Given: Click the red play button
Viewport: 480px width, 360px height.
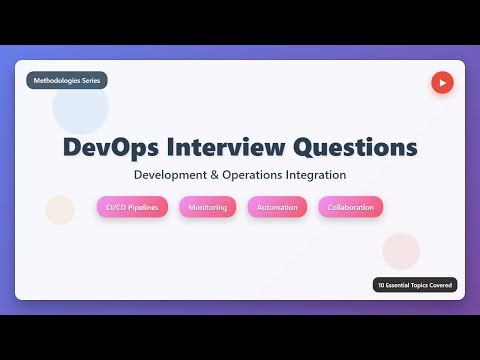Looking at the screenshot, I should click(x=442, y=82).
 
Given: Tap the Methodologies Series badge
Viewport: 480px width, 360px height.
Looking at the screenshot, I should click(x=66, y=81).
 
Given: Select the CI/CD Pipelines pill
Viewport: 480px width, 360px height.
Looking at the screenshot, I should click(x=132, y=207).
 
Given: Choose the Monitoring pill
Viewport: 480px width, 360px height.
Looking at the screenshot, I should click(x=207, y=207).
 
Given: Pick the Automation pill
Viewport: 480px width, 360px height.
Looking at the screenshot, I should click(x=277, y=207).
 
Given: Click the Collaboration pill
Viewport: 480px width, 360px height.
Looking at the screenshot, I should click(x=350, y=207).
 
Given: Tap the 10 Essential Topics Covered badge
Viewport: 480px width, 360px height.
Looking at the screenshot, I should click(x=415, y=285).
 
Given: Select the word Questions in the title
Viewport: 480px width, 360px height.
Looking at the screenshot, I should click(x=354, y=146).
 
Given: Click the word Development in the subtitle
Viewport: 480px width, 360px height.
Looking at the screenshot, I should click(x=171, y=175).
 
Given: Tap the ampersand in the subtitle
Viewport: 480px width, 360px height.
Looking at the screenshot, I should click(x=215, y=175).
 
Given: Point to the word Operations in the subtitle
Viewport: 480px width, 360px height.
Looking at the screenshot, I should click(x=252, y=175).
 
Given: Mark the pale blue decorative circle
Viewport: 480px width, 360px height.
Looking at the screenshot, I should click(x=81, y=112).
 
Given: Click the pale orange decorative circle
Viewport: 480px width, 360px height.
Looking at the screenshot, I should click(x=60, y=209).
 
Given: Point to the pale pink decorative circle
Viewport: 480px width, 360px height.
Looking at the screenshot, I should click(x=401, y=250).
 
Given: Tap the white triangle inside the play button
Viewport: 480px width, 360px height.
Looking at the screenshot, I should click(x=443, y=82).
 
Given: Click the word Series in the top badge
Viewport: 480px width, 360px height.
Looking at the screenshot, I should click(x=87, y=81).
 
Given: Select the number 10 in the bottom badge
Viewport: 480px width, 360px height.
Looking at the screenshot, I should click(x=381, y=285).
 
